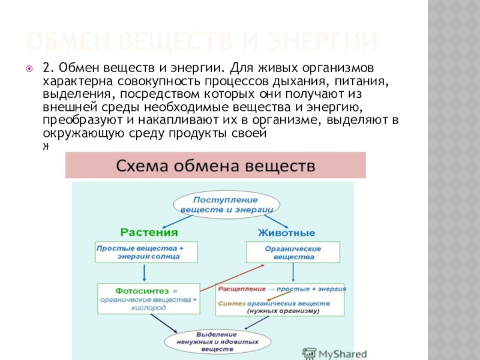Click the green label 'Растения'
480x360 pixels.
click(x=149, y=232)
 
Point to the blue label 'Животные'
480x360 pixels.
click(x=286, y=232)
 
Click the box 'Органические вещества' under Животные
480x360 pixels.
click(x=293, y=252)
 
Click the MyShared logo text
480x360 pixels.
click(x=342, y=353)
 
